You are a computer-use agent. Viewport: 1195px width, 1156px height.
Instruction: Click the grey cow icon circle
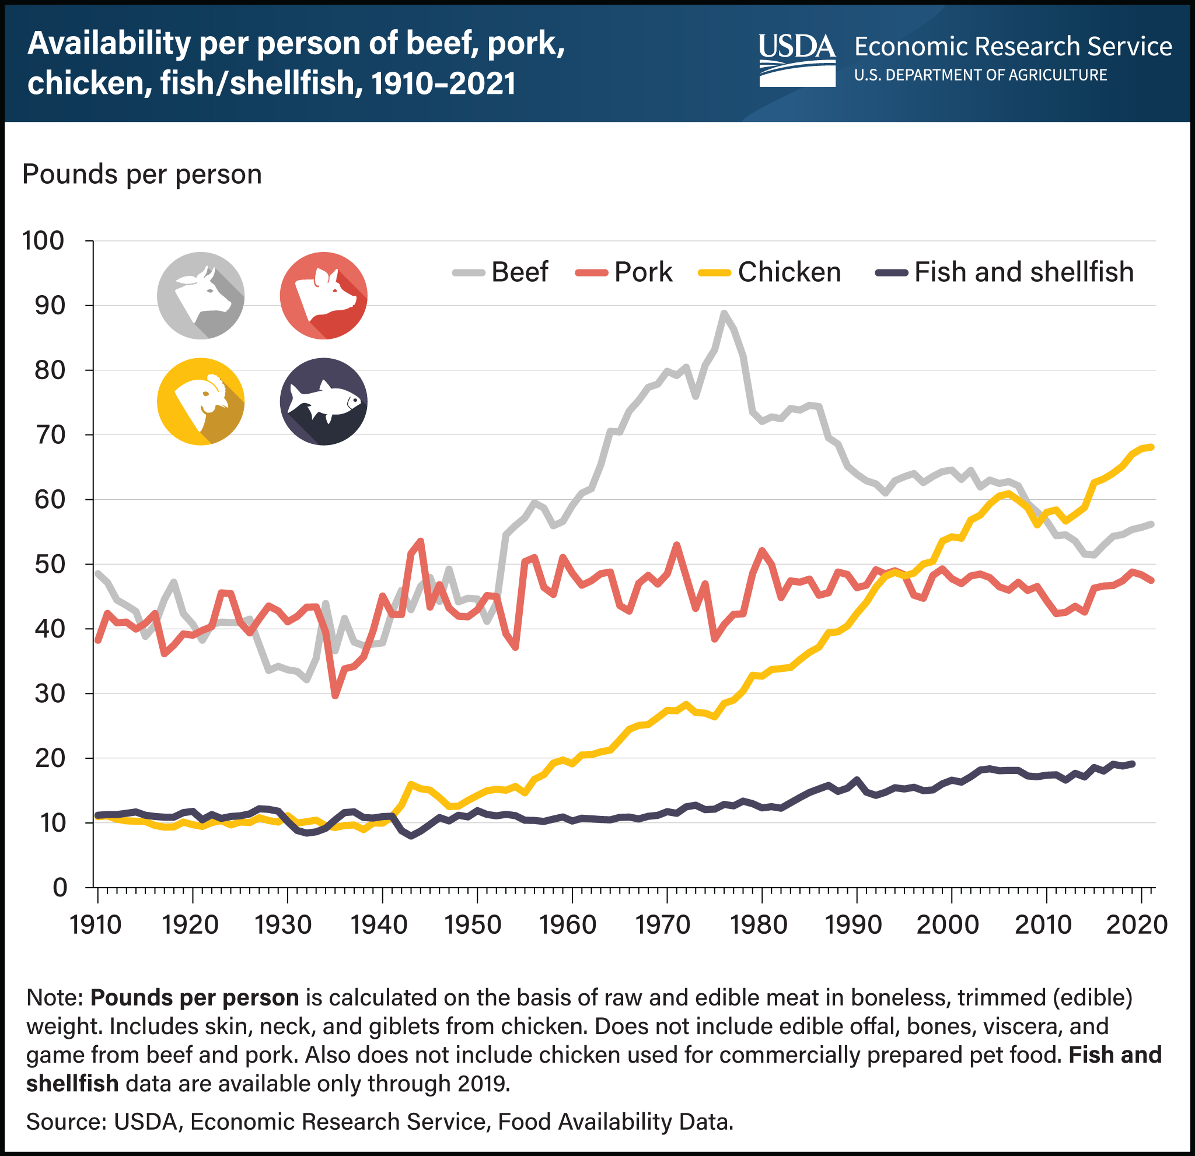(201, 295)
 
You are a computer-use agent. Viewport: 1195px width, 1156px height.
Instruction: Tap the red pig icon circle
(323, 295)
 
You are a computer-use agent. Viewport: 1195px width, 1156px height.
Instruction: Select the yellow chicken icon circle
(201, 401)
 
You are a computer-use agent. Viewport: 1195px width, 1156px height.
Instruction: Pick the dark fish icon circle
(323, 401)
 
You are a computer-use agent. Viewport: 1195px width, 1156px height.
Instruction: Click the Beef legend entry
(501, 272)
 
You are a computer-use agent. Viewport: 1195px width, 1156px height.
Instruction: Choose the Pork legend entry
(624, 272)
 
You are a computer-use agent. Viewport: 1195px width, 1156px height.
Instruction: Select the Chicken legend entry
(770, 272)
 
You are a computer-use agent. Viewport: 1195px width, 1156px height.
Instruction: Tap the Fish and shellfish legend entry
(1005, 272)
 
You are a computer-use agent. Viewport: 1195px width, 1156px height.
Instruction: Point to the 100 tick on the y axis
(43, 241)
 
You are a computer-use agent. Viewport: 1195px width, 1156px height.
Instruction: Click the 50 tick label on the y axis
(50, 564)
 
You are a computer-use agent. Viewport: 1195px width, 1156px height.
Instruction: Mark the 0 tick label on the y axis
(59, 887)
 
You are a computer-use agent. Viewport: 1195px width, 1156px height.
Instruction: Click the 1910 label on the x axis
(96, 925)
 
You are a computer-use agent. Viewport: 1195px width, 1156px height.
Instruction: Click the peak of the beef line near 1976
(724, 313)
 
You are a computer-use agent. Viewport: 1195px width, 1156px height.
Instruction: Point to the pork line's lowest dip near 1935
(335, 695)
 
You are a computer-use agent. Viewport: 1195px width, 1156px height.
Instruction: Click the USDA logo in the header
(797, 59)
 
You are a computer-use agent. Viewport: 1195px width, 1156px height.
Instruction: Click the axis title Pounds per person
(141, 175)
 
